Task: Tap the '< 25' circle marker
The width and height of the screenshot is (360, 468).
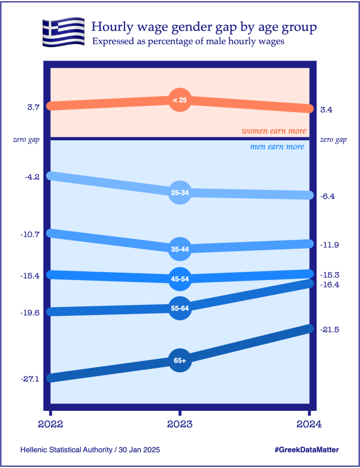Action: [180, 100]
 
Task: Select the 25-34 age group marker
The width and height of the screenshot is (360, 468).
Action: [180, 193]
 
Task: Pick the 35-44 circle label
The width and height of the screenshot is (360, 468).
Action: [180, 249]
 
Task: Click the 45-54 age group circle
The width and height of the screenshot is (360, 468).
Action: [180, 279]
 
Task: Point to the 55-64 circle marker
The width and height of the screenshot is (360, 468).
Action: [180, 308]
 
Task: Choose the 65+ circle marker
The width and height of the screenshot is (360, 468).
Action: [180, 360]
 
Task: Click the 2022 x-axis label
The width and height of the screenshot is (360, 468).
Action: [50, 424]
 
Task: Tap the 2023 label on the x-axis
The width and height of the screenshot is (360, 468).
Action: [180, 424]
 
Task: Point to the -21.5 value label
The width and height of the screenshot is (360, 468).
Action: [330, 330]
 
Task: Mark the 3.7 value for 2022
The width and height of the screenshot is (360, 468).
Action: [33, 107]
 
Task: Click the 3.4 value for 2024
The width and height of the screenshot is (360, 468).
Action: [326, 110]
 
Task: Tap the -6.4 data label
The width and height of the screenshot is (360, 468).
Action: [328, 196]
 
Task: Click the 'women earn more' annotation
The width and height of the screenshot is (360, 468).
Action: [274, 131]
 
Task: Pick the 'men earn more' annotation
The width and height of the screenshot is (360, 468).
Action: [277, 147]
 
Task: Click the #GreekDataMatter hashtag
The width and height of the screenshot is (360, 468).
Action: [307, 450]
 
